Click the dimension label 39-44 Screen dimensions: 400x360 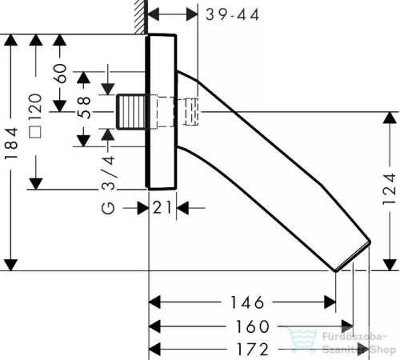[x=232, y=14]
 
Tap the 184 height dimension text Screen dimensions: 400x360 [x=11, y=143]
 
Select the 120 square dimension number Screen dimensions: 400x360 [x=35, y=106]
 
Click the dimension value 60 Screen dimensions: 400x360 [x=60, y=74]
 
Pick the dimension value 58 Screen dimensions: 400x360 [x=84, y=107]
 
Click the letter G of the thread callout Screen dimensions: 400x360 [x=108, y=208]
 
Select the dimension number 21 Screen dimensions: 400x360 [x=162, y=207]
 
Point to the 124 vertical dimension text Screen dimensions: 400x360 [x=389, y=189]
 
